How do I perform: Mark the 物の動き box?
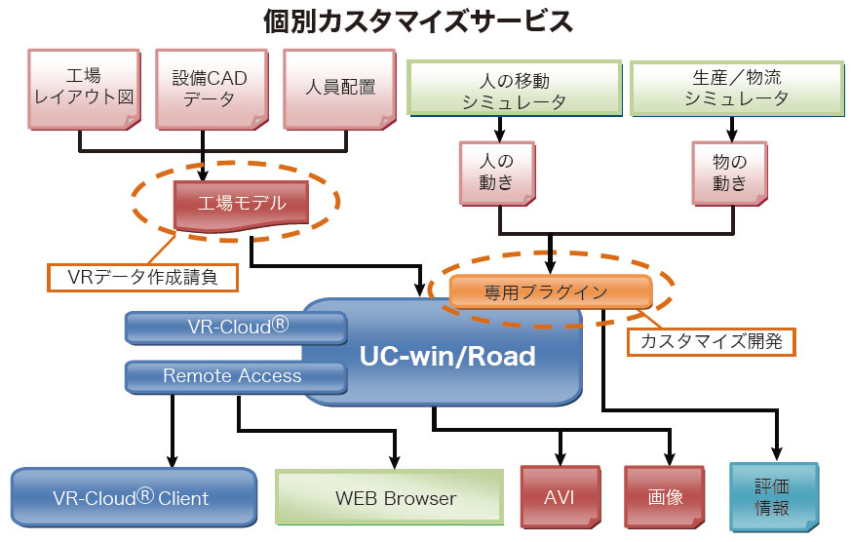click(x=729, y=171)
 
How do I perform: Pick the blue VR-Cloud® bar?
click(x=236, y=328)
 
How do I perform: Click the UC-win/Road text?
click(x=447, y=356)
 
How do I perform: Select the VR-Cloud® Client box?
click(x=133, y=497)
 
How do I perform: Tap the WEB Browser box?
click(x=395, y=497)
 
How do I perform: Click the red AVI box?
click(x=559, y=496)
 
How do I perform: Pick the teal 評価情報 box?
click(x=772, y=496)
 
